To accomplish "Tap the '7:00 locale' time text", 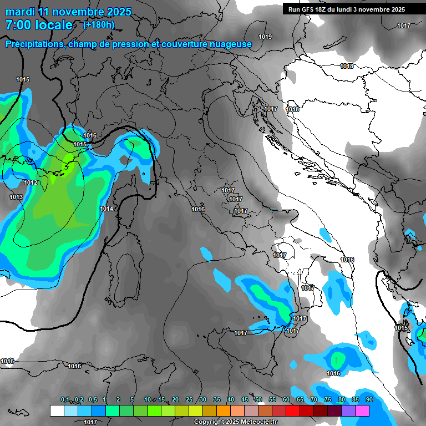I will pyautogui.click(x=39, y=25).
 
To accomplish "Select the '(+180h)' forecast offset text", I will pyautogui.click(x=99, y=25).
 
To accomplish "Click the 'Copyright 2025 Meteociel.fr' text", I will pyautogui.click(x=235, y=422).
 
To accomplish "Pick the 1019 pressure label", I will pyautogui.click(x=265, y=37).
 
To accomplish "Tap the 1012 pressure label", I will pyautogui.click(x=31, y=183).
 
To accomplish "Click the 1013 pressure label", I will pyautogui.click(x=16, y=197).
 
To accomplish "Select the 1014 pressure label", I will pyautogui.click(x=106, y=209).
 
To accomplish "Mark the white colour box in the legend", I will pyautogui.click(x=57, y=410).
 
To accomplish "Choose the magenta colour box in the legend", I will pyautogui.click(x=362, y=410).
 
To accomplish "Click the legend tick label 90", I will pyautogui.click(x=369, y=400).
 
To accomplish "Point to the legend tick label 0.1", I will pyautogui.click(x=65, y=400).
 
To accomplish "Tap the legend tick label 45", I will pyautogui.click(x=245, y=400).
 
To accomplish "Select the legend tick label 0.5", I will pyautogui.click(x=92, y=400).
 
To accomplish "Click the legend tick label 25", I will pyautogui.click(x=189, y=400).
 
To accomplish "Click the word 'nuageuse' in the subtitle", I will pyautogui.click(x=232, y=44).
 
